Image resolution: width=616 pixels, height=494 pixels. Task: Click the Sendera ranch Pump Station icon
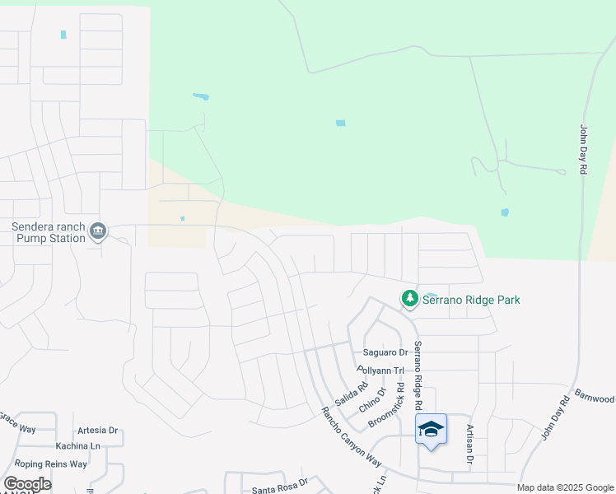pos(98,231)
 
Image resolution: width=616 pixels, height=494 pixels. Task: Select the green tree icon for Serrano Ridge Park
pos(409,299)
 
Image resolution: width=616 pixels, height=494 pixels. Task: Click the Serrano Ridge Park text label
pos(471,301)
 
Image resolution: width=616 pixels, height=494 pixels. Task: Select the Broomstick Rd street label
pos(387,403)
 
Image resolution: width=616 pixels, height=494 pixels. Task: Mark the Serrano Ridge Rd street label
pos(418,375)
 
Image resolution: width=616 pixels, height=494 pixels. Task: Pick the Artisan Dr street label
pos(469,445)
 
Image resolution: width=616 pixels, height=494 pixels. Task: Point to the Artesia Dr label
pos(97,431)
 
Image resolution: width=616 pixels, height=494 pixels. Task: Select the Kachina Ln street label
pos(78,445)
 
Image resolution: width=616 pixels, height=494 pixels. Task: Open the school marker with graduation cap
pos(432,429)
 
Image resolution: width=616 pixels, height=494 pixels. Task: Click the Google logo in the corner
pos(27,484)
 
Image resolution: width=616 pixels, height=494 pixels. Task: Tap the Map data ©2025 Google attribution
pos(565,487)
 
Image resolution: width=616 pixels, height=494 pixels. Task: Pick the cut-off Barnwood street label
pos(595,397)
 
